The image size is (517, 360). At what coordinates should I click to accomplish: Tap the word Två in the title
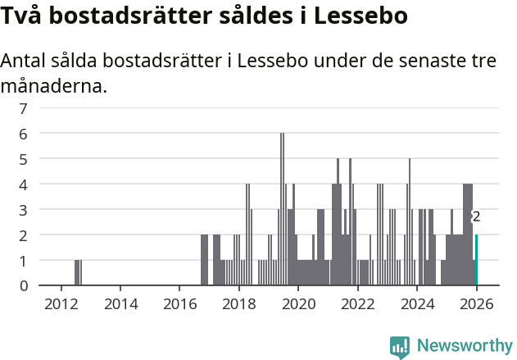click(22, 16)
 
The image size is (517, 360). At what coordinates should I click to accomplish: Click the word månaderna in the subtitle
click(53, 85)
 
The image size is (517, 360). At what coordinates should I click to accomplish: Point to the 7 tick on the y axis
click(24, 108)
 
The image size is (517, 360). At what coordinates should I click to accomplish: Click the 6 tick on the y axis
click(24, 134)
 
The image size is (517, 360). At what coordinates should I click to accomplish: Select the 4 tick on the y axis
click(24, 185)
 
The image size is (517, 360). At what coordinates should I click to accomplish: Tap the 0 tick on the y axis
click(24, 285)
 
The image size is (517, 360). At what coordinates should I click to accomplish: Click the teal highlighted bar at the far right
click(476, 260)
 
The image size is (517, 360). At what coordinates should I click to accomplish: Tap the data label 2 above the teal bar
click(476, 217)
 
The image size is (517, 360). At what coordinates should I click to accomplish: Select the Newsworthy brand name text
click(465, 346)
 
